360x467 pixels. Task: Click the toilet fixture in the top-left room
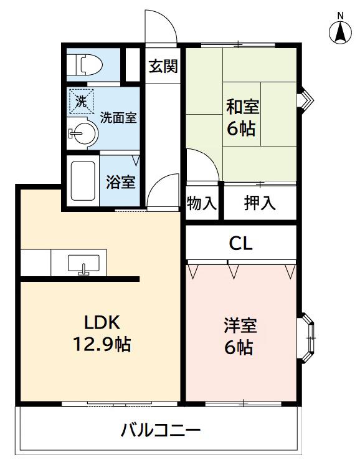pyautogui.click(x=84, y=65)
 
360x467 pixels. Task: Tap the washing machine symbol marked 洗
pyautogui.click(x=81, y=102)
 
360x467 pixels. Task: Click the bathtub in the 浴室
pyautogui.click(x=83, y=181)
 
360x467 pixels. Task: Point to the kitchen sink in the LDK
pyautogui.click(x=83, y=264)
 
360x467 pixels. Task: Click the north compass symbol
pyautogui.click(x=340, y=29)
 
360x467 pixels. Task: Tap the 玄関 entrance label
pyautogui.click(x=163, y=66)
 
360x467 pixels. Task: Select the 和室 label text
pyautogui.click(x=242, y=107)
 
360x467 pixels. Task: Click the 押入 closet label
pyautogui.click(x=260, y=203)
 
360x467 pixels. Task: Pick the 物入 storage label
pyautogui.click(x=201, y=203)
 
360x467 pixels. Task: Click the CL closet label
pyautogui.click(x=240, y=244)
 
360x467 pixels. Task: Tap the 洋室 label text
pyautogui.click(x=240, y=325)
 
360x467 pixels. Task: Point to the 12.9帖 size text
pyautogui.click(x=102, y=344)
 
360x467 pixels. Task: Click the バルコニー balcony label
pyautogui.click(x=161, y=430)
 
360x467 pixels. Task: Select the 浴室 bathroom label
pyautogui.click(x=120, y=181)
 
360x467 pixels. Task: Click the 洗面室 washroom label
pyautogui.click(x=118, y=117)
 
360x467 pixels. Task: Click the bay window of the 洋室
pyautogui.click(x=308, y=338)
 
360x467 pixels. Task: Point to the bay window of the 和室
pyautogui.click(x=306, y=100)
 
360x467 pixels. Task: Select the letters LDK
pyautogui.click(x=102, y=322)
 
